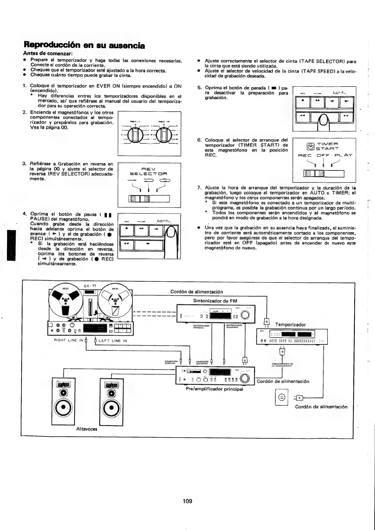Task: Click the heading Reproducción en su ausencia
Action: (84, 46)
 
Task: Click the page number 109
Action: (187, 501)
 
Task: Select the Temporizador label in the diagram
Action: (290, 324)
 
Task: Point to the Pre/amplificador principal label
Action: (214, 389)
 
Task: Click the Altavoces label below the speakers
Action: (87, 429)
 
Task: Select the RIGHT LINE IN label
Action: (69, 340)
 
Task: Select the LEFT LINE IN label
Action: (113, 340)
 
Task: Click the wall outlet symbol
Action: (281, 397)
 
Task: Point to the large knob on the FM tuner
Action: (245, 315)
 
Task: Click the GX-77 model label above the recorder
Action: (90, 286)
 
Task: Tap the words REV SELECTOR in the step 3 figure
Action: (149, 171)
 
